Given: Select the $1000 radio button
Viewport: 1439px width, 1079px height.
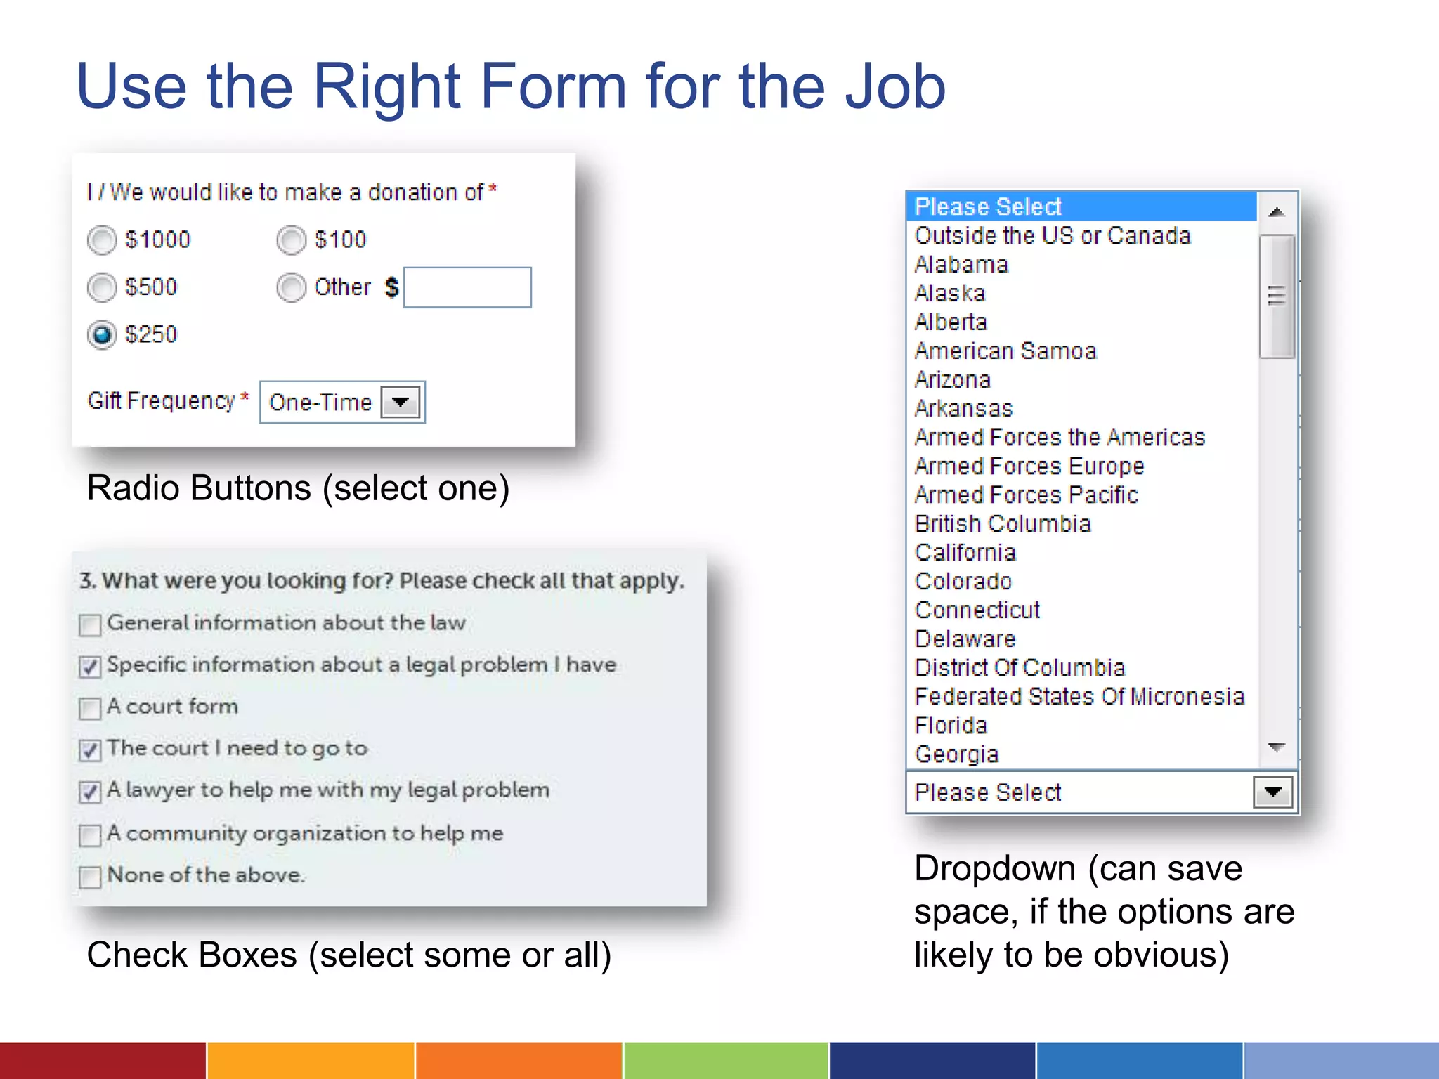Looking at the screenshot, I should pyautogui.click(x=102, y=240).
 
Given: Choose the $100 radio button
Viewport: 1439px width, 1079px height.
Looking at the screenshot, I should pyautogui.click(x=291, y=240).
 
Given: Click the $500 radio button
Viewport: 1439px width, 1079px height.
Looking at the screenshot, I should pyautogui.click(x=102, y=287).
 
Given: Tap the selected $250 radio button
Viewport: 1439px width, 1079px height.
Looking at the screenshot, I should pyautogui.click(x=102, y=334).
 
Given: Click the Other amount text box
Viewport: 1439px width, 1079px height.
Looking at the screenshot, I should pyautogui.click(x=467, y=287).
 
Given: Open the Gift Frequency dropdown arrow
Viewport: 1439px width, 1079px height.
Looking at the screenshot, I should pyautogui.click(x=401, y=403).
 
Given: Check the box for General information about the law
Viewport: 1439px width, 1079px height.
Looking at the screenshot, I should pyautogui.click(x=90, y=624).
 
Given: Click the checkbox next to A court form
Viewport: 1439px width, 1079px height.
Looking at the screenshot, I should pyautogui.click(x=90, y=708).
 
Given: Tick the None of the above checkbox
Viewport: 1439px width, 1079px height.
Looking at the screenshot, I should pyautogui.click(x=90, y=877).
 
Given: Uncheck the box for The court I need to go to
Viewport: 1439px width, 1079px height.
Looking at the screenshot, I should pyautogui.click(x=90, y=750).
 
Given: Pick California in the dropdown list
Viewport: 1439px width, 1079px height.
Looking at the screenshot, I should pyautogui.click(x=965, y=553).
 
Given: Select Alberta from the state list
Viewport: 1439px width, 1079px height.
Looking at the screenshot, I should pyautogui.click(x=951, y=322).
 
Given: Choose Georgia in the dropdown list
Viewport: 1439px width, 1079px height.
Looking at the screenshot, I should pyautogui.click(x=956, y=754).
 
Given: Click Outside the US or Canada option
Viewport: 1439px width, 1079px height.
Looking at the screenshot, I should pyautogui.click(x=1053, y=236).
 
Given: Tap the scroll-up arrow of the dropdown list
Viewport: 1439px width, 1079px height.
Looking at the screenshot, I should pyautogui.click(x=1277, y=211).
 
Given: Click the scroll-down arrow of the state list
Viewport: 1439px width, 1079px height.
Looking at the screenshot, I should pyautogui.click(x=1277, y=747).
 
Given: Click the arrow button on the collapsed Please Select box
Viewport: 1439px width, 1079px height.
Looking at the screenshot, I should pyautogui.click(x=1272, y=792).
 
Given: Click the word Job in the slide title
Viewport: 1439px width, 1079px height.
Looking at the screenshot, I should pyautogui.click(x=895, y=87).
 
